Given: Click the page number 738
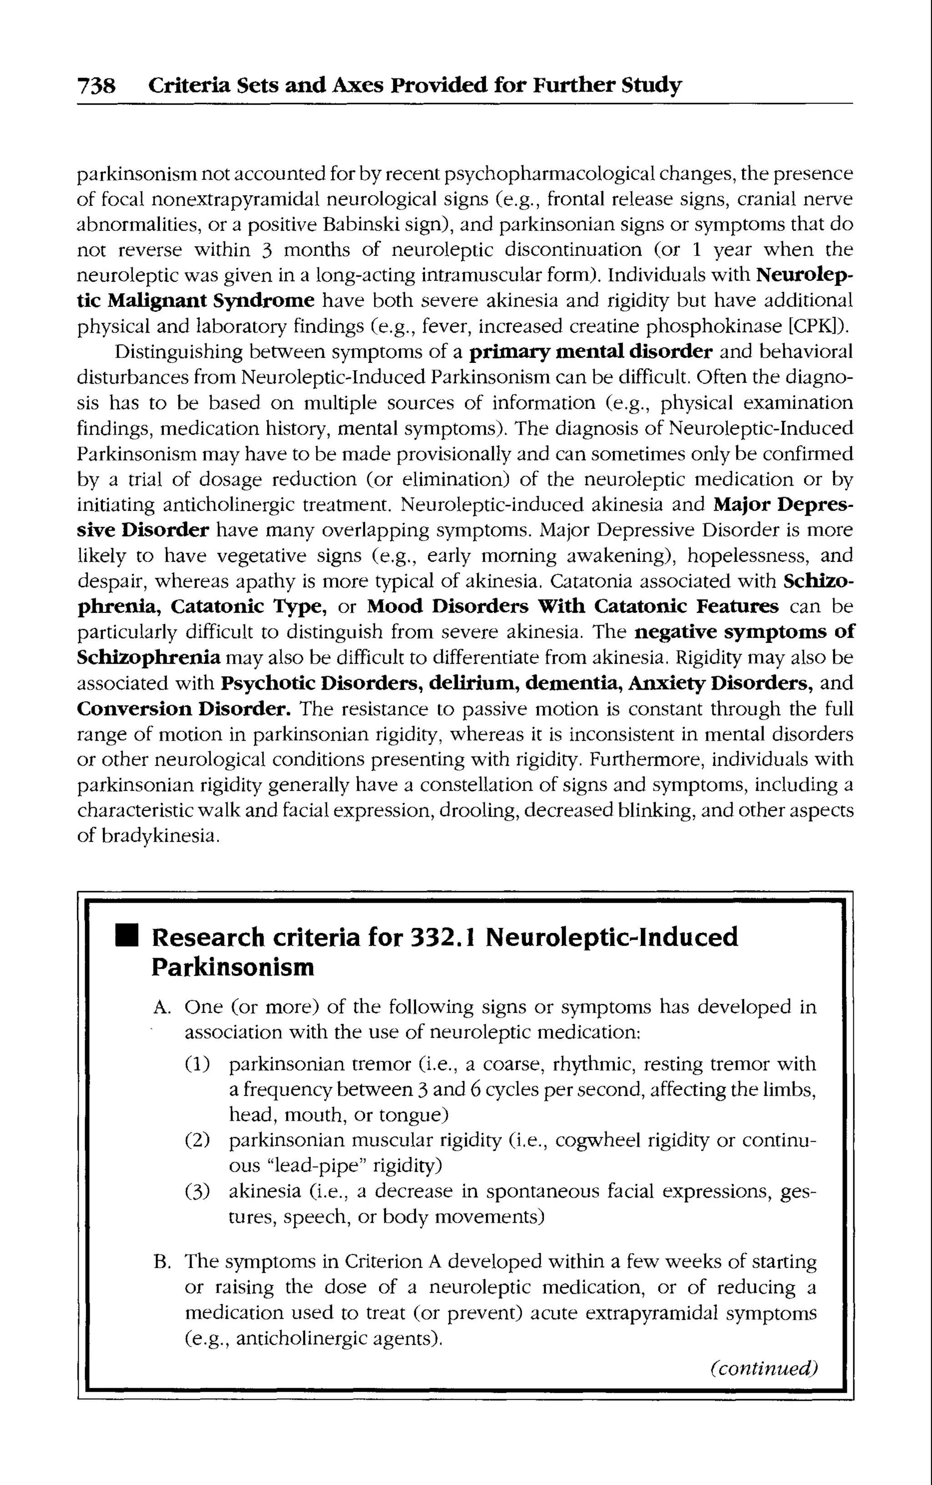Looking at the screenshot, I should coord(96,85).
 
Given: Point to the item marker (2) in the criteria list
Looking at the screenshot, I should coord(197,1141).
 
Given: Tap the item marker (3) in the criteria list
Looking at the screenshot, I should coord(197,1191).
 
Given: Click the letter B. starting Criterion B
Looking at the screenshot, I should coord(162,1262).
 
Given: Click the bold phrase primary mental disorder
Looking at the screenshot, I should coord(591,352).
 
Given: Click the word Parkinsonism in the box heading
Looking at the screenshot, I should coord(233,967).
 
